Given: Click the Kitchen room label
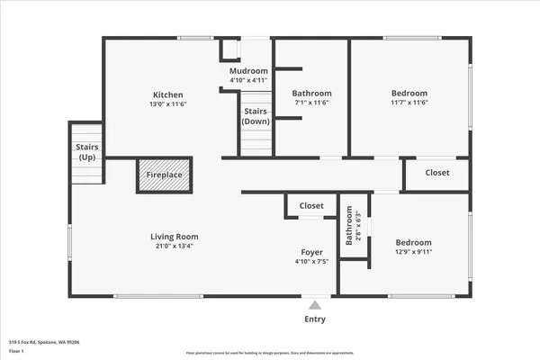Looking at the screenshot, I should (x=168, y=94).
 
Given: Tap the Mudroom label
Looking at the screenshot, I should (x=248, y=71).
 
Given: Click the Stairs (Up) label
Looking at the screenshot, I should (x=87, y=152).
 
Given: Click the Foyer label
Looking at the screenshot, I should (x=311, y=253).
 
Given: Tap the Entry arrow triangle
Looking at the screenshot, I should (x=314, y=304).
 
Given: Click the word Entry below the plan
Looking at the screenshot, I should (x=314, y=319).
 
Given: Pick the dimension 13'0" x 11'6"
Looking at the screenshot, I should (x=168, y=104).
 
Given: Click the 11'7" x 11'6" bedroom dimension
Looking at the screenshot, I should (x=409, y=103).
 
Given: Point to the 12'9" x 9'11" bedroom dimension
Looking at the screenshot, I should (x=413, y=253).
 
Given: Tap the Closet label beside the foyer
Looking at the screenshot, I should (x=311, y=206).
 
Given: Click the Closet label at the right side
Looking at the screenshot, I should (x=437, y=173).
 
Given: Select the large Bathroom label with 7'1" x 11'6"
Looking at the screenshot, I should (x=311, y=94).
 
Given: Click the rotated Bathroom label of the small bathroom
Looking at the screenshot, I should (x=349, y=227).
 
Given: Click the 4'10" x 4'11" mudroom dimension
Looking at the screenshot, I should (x=248, y=80).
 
